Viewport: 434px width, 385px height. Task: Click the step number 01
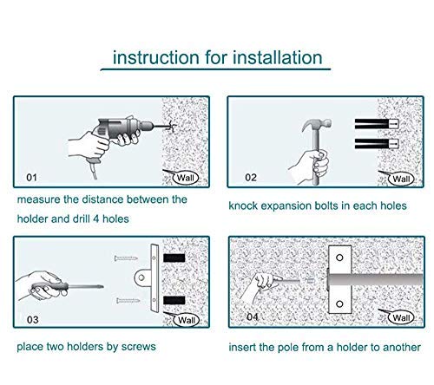[32, 179]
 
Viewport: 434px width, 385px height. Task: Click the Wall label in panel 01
[183, 178]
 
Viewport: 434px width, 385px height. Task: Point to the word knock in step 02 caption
[245, 208]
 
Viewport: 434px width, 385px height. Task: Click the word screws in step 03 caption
[139, 348]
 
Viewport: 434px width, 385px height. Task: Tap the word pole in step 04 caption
[296, 348]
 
